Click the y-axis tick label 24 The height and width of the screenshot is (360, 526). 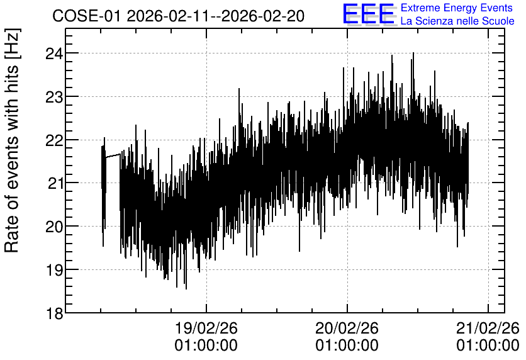coord(53,53)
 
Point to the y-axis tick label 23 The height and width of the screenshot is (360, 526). coord(53,97)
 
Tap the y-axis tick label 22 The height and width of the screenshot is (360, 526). coord(53,140)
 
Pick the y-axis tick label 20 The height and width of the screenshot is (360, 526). coord(53,227)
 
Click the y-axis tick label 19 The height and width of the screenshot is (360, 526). coord(53,270)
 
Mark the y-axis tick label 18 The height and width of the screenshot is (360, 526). coord(54,313)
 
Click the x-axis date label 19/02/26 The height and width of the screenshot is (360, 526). coord(206,328)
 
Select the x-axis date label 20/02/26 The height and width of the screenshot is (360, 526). coord(347,328)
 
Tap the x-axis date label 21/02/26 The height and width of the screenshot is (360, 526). coord(488,328)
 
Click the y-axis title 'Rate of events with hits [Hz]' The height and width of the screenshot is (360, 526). coord(12,140)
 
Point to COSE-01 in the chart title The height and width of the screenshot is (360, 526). coord(86,16)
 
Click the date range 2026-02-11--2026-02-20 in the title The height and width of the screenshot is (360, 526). coord(216,16)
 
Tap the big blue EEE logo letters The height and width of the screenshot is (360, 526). coord(368,14)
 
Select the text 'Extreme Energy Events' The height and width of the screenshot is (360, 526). coord(457,8)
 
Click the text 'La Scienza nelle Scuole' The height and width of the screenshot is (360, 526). coord(457,21)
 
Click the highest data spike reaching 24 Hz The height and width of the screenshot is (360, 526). coord(413,53)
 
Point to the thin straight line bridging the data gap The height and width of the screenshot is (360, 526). coord(113,155)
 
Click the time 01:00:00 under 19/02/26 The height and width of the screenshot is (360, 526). coord(206,346)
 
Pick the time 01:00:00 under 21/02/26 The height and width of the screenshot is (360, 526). coord(488,346)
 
